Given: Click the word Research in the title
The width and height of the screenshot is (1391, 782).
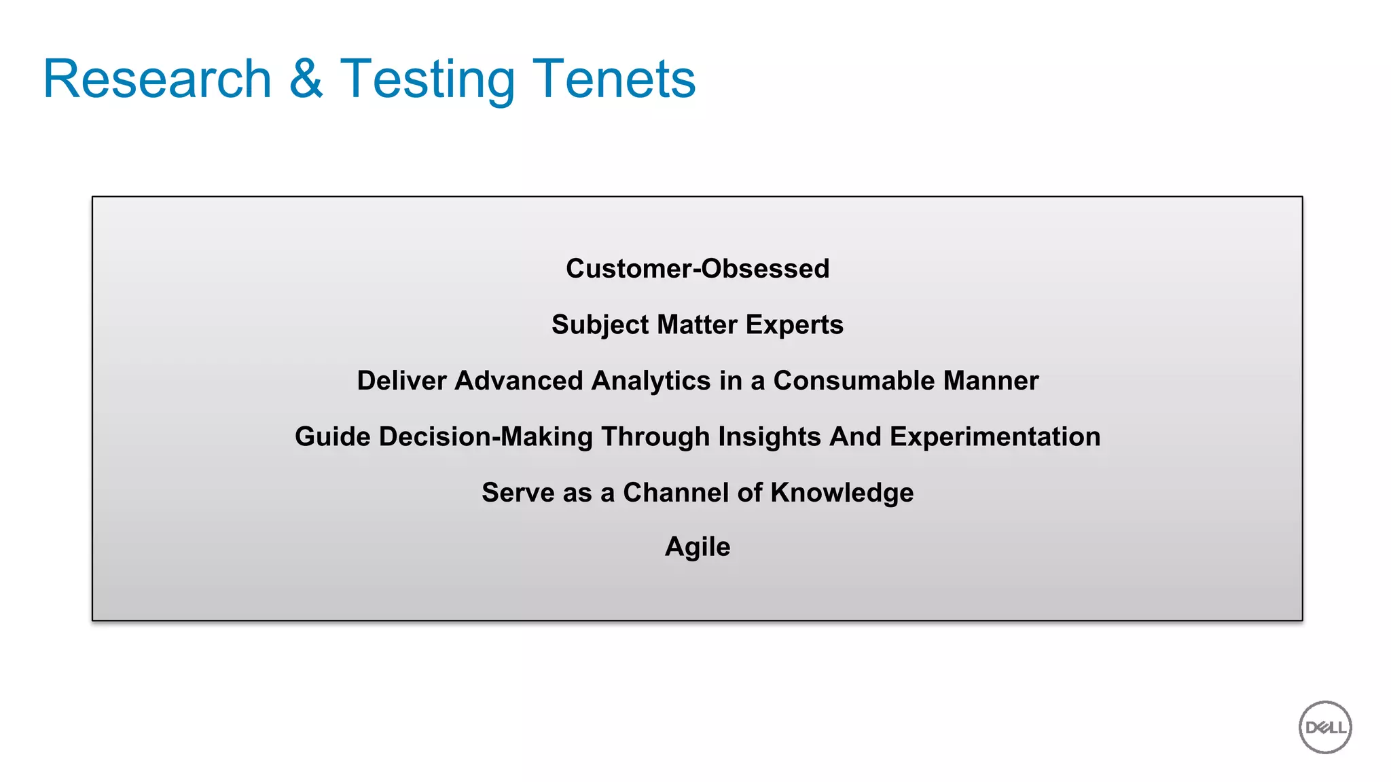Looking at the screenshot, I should tap(158, 79).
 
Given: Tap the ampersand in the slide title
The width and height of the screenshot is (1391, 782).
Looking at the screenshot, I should tap(306, 79).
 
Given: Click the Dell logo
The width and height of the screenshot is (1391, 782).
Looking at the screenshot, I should tap(1324, 727).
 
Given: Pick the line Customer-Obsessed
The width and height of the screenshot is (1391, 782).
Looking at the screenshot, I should tap(698, 269).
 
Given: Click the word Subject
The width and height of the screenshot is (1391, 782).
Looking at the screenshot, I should tap(600, 325).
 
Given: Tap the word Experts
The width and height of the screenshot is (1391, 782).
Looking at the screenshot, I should tap(794, 325).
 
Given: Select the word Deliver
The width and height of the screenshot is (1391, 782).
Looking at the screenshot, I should tap(401, 381).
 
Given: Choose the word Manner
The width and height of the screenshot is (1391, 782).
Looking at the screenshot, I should tap(990, 381).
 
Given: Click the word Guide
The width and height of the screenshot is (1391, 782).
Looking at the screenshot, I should tap(333, 436).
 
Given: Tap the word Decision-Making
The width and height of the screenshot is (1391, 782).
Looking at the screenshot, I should tap(486, 437).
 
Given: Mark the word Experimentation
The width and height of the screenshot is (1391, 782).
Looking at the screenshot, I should tap(995, 437).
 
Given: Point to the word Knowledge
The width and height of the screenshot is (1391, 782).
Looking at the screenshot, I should tap(842, 494).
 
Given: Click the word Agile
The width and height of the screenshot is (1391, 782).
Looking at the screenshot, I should tap(698, 547).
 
